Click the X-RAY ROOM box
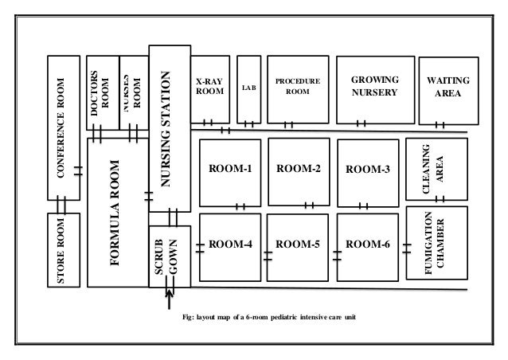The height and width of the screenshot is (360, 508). pyautogui.click(x=211, y=88)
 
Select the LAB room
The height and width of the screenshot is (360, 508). pyautogui.click(x=249, y=88)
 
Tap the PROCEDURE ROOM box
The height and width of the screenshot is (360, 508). pyautogui.click(x=297, y=88)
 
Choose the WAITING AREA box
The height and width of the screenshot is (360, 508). pyautogui.click(x=448, y=88)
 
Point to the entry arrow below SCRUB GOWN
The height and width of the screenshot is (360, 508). pyautogui.click(x=170, y=301)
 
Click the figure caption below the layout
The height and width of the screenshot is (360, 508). pyautogui.click(x=269, y=319)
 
